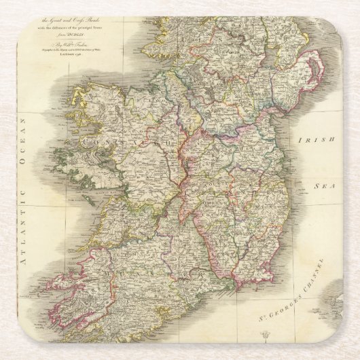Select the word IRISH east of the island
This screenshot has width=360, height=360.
pos(317,139)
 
